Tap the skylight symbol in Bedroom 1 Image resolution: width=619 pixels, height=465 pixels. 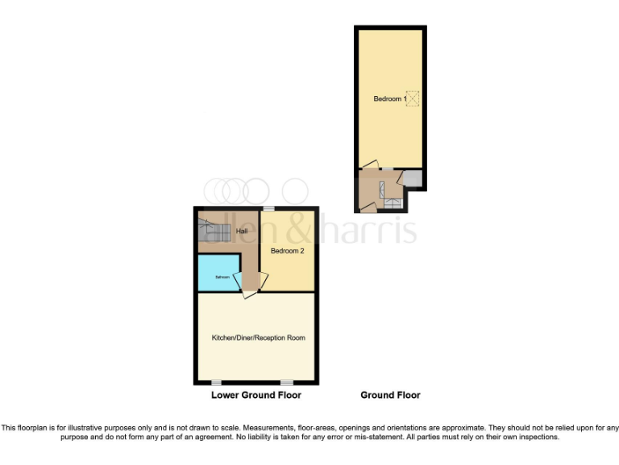click(x=413, y=98)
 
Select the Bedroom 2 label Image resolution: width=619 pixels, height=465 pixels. click(x=287, y=251)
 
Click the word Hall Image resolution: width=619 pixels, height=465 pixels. click(x=241, y=232)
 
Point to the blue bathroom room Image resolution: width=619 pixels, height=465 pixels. click(x=218, y=274)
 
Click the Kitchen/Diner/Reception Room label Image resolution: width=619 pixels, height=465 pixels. click(x=258, y=337)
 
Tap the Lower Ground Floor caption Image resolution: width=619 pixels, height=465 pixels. click(x=256, y=396)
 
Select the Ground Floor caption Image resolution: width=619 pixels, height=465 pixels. click(x=390, y=396)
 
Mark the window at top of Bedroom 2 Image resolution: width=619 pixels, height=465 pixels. click(x=268, y=209)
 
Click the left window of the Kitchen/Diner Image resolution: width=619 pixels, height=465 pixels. click(x=216, y=382)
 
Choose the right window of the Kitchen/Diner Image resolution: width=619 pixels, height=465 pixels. click(x=287, y=382)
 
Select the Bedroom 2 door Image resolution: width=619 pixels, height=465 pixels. click(x=263, y=279)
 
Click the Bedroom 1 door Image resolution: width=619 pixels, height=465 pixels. click(x=369, y=165)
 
